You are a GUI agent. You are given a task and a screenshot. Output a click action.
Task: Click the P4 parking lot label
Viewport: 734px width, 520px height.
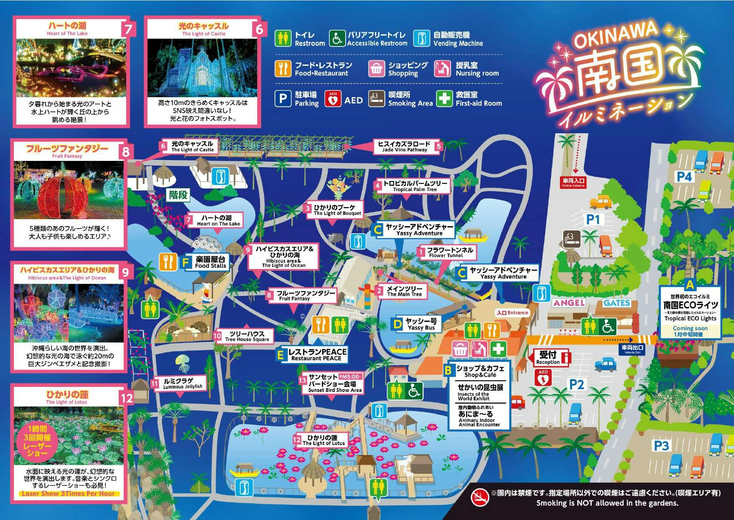point(684,177)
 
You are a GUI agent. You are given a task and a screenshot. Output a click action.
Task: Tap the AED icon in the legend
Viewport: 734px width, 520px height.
point(333,99)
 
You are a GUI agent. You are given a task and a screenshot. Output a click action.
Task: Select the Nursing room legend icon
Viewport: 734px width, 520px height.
point(442,69)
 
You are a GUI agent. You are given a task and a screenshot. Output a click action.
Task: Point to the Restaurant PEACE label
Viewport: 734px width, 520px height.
point(316,354)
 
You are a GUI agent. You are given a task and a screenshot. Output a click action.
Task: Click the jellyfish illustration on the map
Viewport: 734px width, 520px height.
point(182,363)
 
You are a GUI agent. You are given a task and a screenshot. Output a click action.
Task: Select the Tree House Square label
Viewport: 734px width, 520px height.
point(246,336)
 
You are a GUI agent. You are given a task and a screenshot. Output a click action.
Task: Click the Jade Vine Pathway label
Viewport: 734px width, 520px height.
point(404,147)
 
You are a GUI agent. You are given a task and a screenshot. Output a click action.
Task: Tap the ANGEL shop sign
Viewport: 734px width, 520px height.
point(569,303)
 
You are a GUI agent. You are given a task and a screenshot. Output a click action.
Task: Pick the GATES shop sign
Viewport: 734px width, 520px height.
point(617,303)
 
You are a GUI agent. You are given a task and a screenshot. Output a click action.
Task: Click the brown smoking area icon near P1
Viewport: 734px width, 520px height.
point(571,239)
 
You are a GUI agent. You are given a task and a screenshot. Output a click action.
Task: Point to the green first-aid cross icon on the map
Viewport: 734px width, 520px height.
point(498,349)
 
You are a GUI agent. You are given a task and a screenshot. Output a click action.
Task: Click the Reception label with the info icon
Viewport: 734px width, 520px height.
point(552,357)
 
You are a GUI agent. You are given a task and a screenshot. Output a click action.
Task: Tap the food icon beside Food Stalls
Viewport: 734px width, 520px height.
point(168,261)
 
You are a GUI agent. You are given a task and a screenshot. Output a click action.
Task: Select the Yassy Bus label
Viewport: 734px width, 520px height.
point(420,324)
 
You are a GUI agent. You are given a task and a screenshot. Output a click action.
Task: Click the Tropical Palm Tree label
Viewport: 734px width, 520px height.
point(414,186)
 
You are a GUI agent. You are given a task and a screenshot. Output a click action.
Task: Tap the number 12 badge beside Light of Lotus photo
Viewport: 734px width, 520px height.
point(127,398)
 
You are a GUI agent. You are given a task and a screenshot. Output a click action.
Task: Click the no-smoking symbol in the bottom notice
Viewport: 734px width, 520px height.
point(480,498)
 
